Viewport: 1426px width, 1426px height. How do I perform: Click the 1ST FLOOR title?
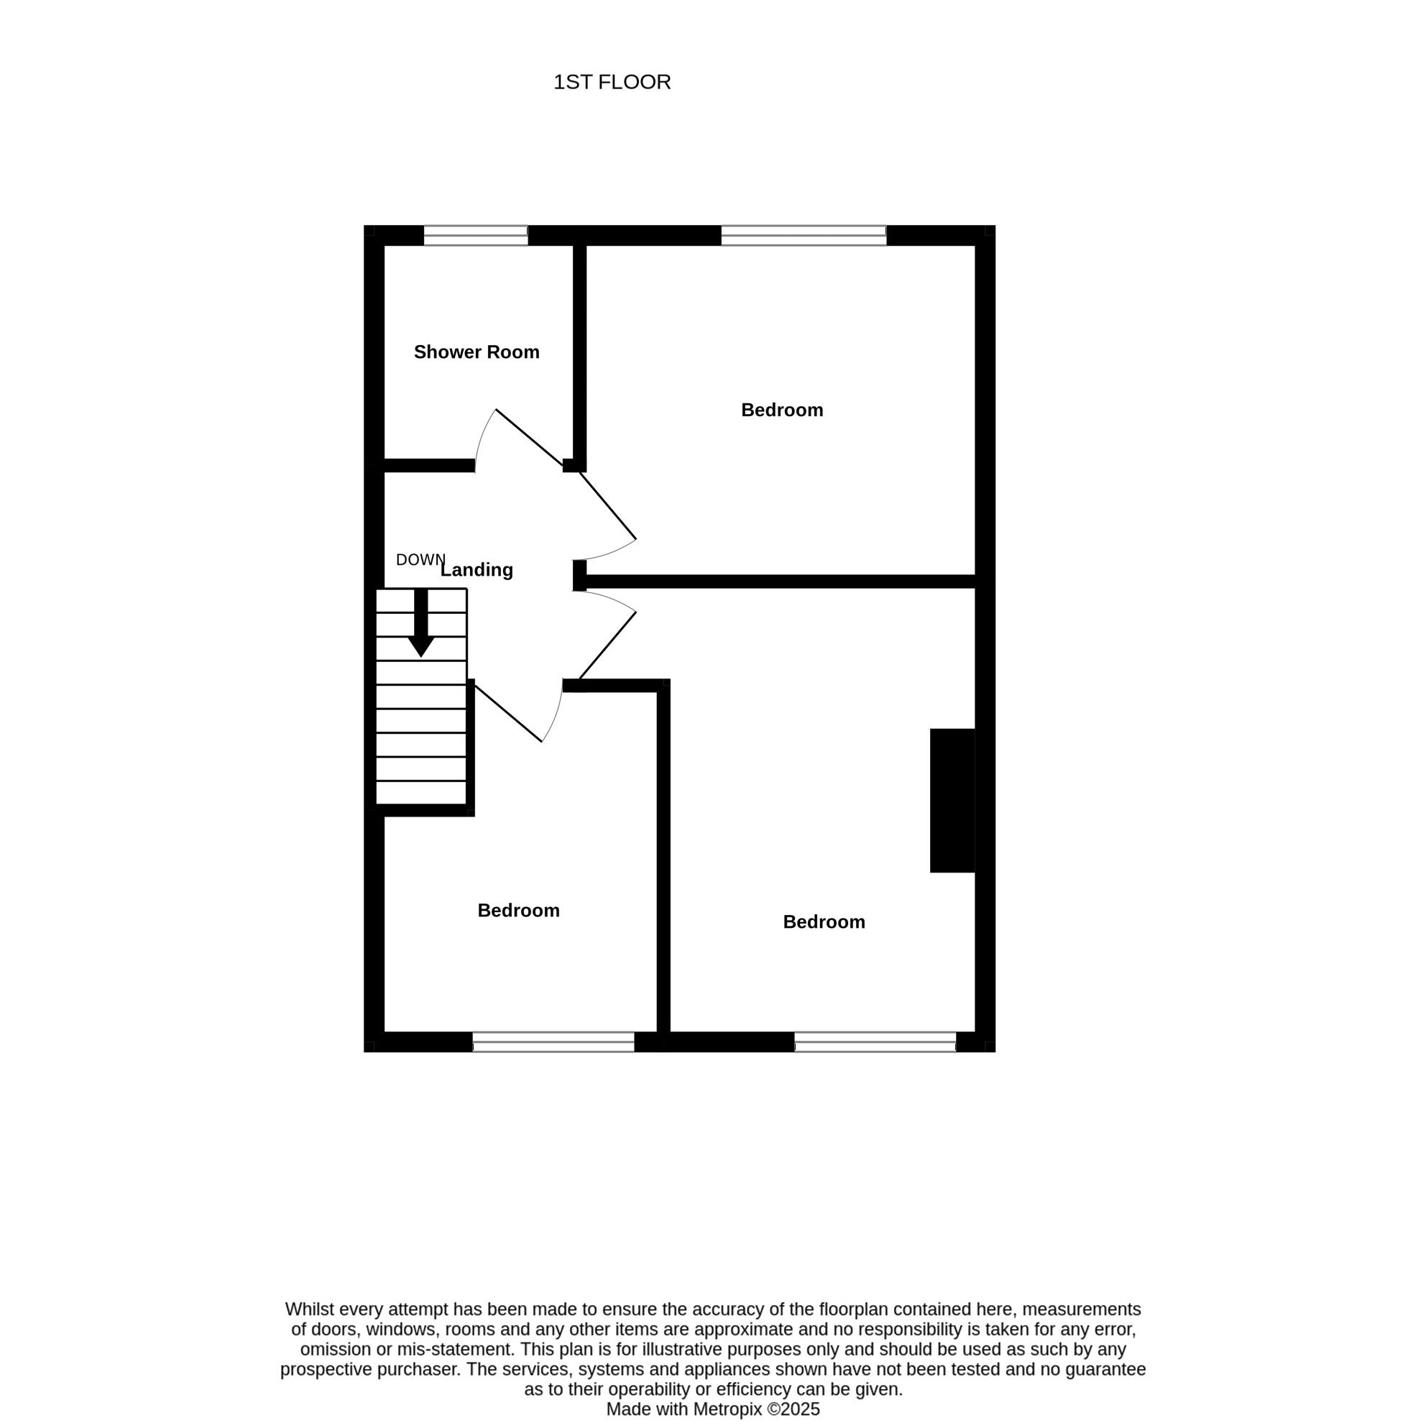coord(612,82)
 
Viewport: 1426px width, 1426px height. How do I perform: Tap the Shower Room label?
coord(476,352)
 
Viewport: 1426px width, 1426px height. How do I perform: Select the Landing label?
coord(477,570)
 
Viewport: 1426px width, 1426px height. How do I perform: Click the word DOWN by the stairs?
coord(420,559)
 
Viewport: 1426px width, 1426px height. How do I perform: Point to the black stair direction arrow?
coord(420,622)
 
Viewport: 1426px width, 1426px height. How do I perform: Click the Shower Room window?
coord(475,236)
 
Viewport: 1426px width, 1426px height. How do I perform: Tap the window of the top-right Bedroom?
coord(804,236)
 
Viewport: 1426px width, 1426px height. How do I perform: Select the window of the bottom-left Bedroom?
coord(553,1041)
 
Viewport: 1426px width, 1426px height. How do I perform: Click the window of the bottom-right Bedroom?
coord(875,1041)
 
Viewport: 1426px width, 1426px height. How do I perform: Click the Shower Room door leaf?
coord(529,437)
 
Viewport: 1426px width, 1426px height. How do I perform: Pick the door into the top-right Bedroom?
coord(607,505)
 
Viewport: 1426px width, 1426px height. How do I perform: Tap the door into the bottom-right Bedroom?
coord(607,645)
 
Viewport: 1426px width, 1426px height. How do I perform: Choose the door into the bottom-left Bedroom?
coord(508,714)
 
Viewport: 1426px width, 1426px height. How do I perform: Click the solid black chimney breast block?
coord(952,800)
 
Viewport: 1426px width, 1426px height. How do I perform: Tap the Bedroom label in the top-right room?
coord(782,410)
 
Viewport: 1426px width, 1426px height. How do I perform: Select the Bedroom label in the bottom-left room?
coord(518,910)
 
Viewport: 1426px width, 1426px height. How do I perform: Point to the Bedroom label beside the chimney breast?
coord(824,922)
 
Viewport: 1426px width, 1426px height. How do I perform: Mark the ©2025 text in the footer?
coord(793,1409)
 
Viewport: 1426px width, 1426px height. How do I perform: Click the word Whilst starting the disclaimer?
coord(308,1310)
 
